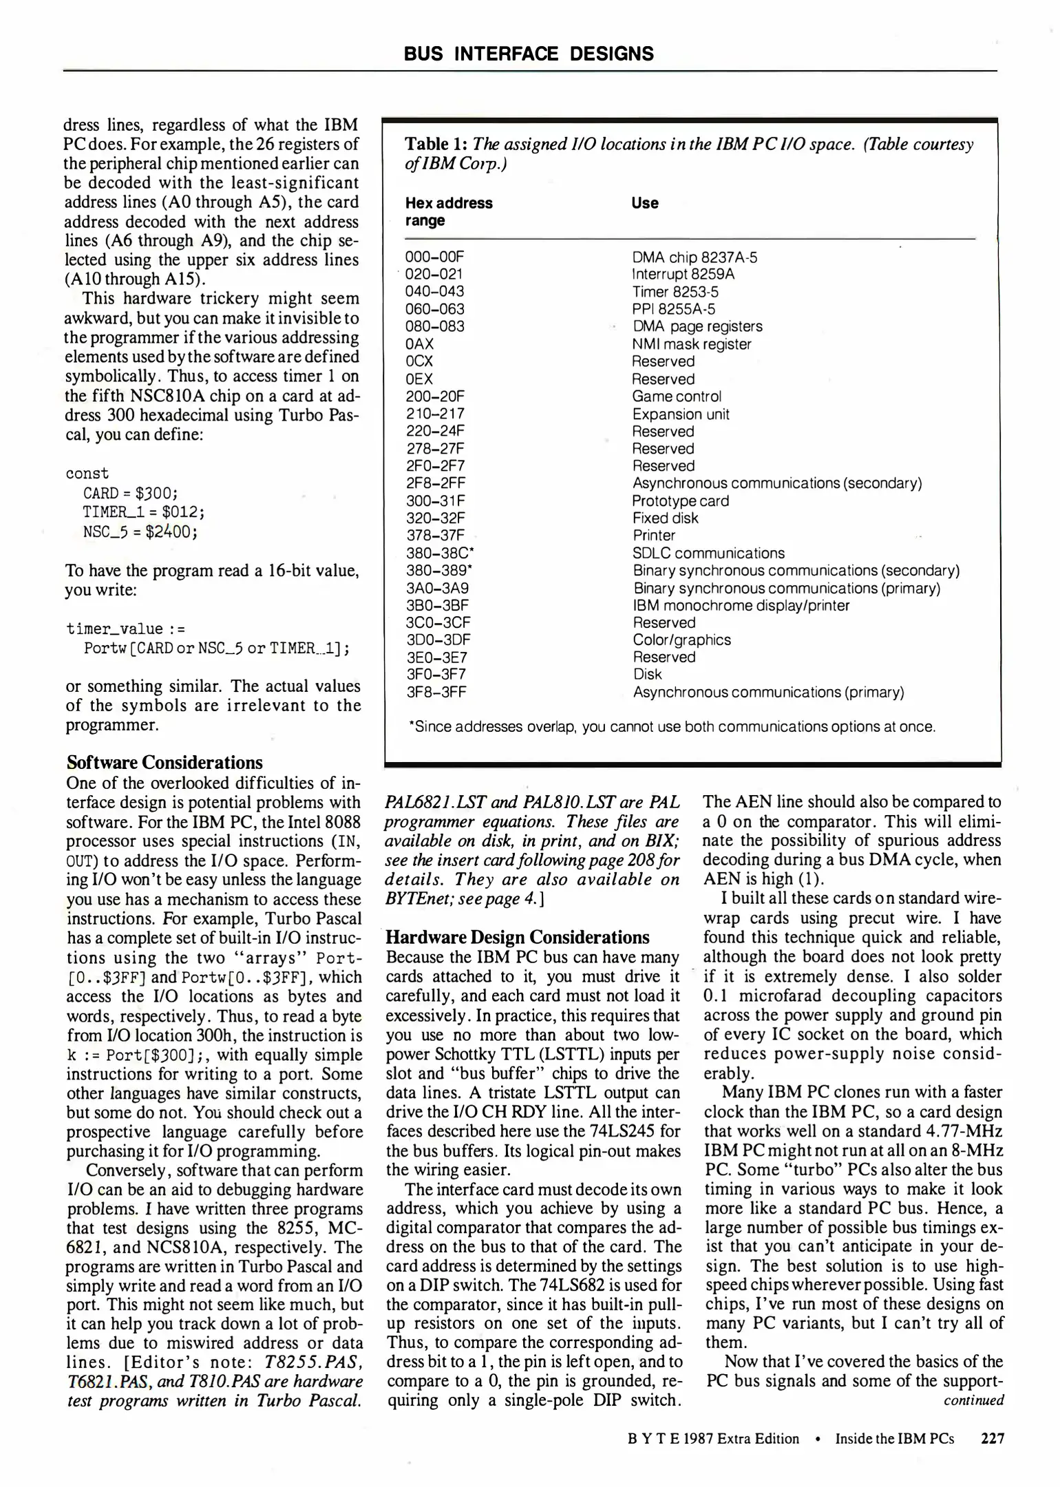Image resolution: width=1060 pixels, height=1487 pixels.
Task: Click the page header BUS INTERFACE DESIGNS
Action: coord(529,54)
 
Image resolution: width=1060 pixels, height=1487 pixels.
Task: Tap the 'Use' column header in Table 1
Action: coord(644,203)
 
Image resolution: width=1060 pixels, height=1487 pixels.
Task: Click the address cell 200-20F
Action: coord(435,397)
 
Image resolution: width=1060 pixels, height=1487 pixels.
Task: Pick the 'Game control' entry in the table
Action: coord(677,397)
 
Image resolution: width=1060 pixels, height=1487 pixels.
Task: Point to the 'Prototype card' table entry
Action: coord(680,501)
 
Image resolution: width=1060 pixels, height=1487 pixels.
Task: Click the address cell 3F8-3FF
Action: coord(436,692)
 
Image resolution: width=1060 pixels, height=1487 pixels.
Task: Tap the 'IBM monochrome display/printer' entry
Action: coord(741,606)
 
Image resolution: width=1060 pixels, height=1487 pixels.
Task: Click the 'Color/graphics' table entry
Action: coord(681,640)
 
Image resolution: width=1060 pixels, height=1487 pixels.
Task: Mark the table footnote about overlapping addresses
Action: coord(672,727)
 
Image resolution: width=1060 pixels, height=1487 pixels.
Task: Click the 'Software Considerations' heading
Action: coord(165,763)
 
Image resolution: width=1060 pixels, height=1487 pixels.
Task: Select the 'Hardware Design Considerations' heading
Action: coord(517,938)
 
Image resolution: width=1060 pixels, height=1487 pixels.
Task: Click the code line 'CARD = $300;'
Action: coord(131,494)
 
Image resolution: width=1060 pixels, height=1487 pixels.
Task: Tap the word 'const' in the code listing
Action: coord(87,474)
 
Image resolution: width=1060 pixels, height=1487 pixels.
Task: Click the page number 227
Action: coord(993,1439)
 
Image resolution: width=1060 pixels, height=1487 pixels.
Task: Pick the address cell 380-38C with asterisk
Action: coord(440,553)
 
